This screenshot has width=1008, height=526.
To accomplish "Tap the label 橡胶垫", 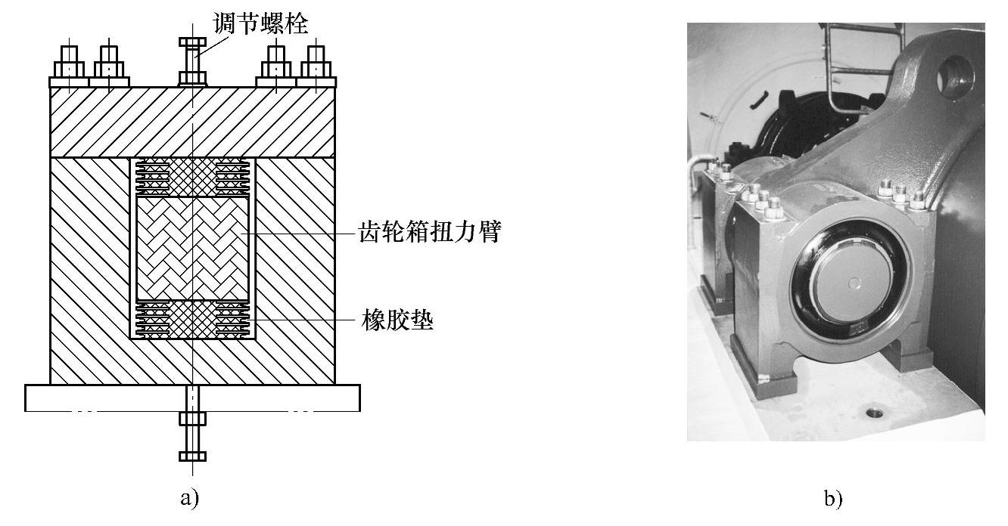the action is (397, 322).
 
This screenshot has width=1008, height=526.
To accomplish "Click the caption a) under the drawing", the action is (189, 498).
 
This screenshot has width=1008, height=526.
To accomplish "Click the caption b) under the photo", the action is (833, 499).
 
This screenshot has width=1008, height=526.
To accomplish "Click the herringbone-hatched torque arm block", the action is (192, 248).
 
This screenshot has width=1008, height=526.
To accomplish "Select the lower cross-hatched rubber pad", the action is (192, 320).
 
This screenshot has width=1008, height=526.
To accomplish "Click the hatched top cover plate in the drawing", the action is (192, 121).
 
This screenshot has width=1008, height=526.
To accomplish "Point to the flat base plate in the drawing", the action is (192, 398).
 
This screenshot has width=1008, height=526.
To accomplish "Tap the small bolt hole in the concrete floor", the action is (876, 413).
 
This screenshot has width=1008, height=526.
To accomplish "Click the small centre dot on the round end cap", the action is (854, 284).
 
